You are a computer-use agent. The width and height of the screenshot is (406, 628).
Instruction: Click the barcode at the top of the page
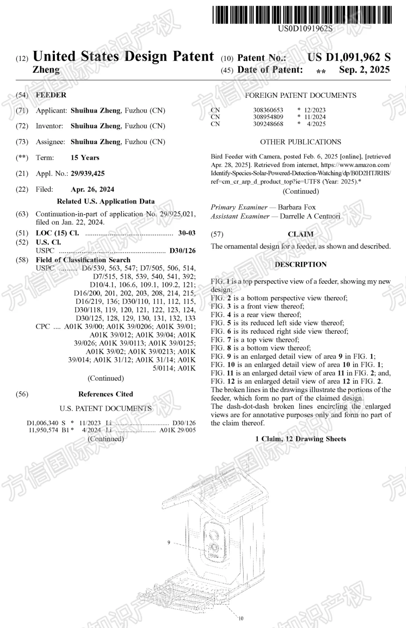302,15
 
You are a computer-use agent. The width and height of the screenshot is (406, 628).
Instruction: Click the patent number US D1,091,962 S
349,57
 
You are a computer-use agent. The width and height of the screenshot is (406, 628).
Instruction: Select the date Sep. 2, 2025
364,70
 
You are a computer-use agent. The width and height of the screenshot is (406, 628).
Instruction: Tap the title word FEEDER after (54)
51,95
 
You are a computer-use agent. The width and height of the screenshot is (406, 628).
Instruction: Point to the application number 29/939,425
88,173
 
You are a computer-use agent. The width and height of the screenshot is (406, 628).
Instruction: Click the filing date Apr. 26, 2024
92,189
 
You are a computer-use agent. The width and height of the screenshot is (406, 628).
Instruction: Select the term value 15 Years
85,158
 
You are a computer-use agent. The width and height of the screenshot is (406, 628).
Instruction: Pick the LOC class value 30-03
187,233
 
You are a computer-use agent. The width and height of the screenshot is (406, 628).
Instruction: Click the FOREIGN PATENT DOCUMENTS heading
300,96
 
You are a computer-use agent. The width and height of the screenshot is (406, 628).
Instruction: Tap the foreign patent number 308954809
268,117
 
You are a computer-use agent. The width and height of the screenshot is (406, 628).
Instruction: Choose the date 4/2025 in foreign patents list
316,124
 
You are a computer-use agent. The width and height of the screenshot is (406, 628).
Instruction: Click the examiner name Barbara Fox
297,207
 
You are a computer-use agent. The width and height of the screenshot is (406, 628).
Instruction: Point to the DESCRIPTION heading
300,265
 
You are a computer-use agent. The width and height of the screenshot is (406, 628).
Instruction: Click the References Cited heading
106,394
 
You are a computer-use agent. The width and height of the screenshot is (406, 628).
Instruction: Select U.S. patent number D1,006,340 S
46,423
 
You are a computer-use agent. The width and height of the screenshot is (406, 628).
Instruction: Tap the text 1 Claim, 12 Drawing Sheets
300,439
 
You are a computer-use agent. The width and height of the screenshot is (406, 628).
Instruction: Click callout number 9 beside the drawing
169,542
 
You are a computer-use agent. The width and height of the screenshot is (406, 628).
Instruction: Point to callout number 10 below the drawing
241,618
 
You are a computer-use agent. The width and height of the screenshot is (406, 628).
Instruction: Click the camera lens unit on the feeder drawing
214,540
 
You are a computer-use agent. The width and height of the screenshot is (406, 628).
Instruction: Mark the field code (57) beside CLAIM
217,234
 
